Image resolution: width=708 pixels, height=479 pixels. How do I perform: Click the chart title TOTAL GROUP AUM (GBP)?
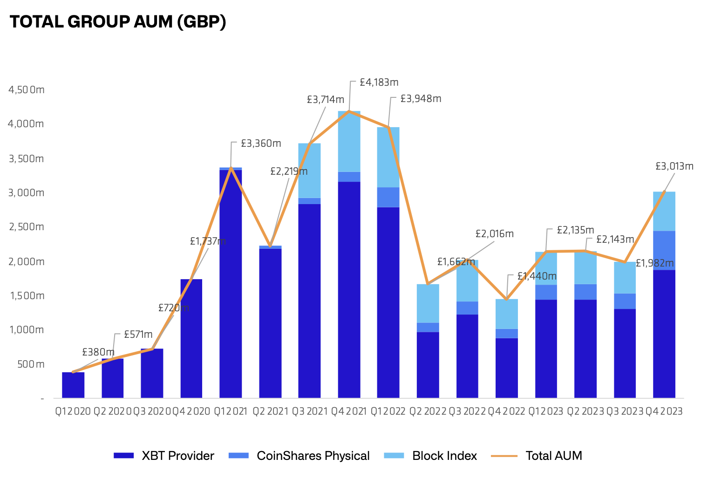[x=118, y=22]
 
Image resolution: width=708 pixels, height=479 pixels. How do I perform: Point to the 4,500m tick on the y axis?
[x=27, y=89]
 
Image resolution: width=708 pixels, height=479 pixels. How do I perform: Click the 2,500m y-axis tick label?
[x=27, y=227]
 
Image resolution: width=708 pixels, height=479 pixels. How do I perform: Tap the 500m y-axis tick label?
[x=31, y=364]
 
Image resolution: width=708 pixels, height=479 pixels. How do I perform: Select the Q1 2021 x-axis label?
[x=231, y=411]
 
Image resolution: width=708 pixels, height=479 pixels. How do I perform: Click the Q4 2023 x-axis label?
[x=664, y=411]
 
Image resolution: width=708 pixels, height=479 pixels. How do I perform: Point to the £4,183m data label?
[x=379, y=82]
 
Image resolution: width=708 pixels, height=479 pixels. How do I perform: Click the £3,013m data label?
[x=674, y=166]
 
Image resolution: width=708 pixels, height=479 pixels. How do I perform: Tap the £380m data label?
[x=98, y=352]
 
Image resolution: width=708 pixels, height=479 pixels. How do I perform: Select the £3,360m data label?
[x=261, y=144]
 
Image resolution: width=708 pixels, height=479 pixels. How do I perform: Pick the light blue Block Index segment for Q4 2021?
[x=349, y=141]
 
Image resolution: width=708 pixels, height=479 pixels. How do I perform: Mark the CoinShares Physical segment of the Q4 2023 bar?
[x=664, y=250]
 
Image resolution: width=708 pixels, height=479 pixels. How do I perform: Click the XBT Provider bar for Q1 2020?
[x=73, y=385]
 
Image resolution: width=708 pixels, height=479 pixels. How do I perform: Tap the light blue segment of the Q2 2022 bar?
[x=428, y=303]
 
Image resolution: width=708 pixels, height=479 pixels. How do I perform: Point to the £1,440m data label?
[x=537, y=276]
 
